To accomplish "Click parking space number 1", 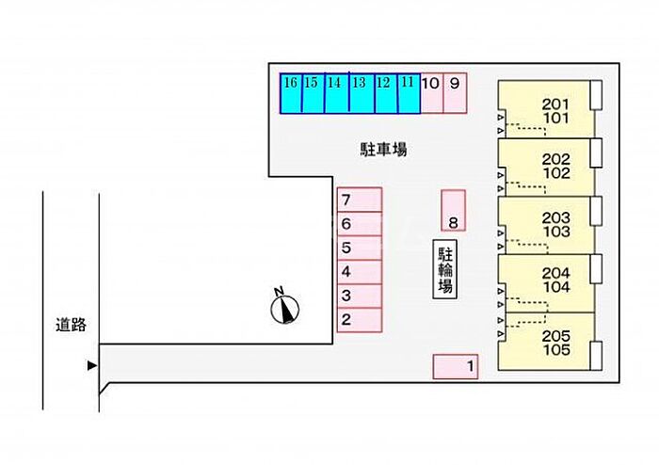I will coord(456,366).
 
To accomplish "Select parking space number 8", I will coord(453,210).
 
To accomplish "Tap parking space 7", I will coord(360,200).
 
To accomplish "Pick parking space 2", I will coord(360,320).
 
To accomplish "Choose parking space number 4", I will coord(360,272).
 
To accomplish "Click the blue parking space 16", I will coord(291,93).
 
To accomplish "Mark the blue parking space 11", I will coord(408,93).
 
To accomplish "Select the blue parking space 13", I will coord(360,93).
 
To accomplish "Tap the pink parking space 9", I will coord(456,93).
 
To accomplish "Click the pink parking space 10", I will coord(431,93).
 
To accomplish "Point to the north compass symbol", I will coord(283,307).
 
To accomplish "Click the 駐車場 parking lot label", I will coord(383,149).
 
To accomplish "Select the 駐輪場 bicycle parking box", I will coord(445,270).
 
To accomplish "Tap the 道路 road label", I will coord(71,325).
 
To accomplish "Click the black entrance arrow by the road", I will coord(91,365).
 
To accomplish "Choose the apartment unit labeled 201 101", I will coord(546,110).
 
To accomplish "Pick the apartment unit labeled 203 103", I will coord(546,224).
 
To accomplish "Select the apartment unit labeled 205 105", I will coord(546,341).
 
